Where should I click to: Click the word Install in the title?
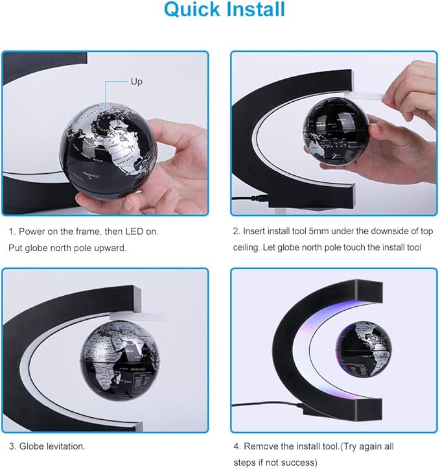pos(255,11)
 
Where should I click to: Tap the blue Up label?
pos(137,82)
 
